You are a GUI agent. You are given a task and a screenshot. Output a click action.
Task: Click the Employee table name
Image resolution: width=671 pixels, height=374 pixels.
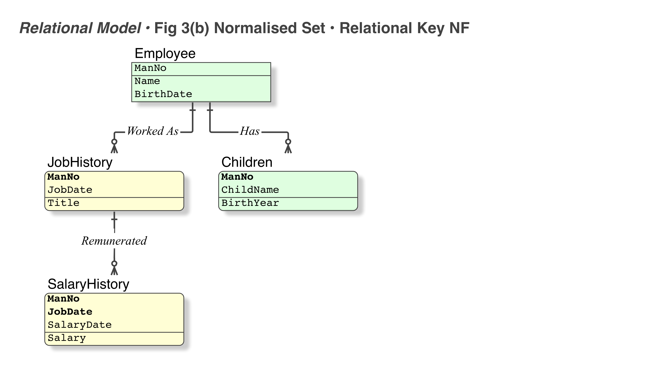(165, 54)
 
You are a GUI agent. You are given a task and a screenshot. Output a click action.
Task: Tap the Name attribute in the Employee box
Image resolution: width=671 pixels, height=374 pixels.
(147, 81)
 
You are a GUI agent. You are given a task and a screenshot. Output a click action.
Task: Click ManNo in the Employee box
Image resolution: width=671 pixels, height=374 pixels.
(150, 68)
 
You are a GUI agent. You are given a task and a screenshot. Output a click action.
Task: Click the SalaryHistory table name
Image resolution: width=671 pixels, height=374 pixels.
(88, 284)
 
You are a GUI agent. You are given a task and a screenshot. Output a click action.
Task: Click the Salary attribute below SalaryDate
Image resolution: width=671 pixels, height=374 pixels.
(67, 338)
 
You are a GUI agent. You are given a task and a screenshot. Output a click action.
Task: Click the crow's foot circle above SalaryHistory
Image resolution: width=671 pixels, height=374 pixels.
(114, 263)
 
